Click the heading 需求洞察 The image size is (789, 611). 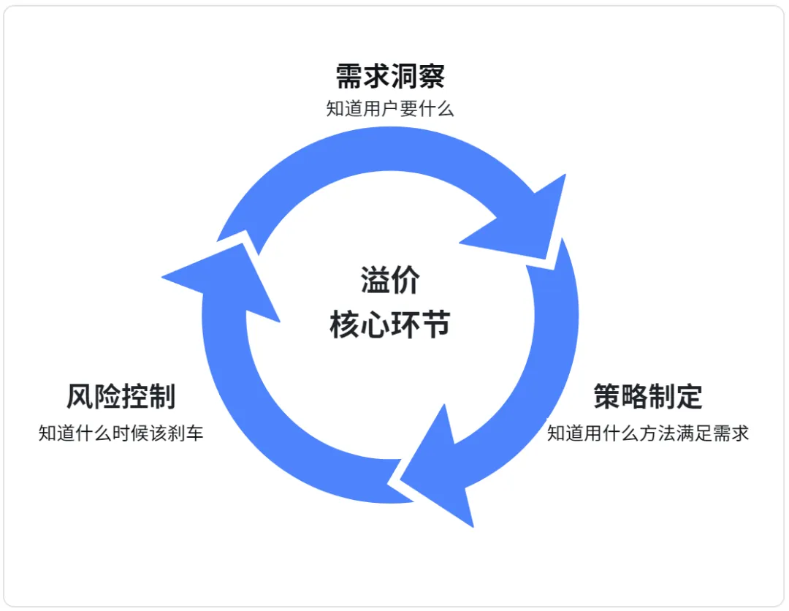click(x=390, y=76)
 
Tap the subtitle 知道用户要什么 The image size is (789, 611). click(x=390, y=110)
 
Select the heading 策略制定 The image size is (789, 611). click(x=648, y=397)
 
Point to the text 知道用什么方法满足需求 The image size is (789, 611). click(x=648, y=433)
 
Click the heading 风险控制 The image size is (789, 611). click(x=121, y=397)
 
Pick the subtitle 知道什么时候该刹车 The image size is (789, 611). click(x=121, y=433)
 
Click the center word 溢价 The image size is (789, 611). click(x=390, y=281)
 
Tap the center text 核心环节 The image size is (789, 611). click(x=390, y=325)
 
